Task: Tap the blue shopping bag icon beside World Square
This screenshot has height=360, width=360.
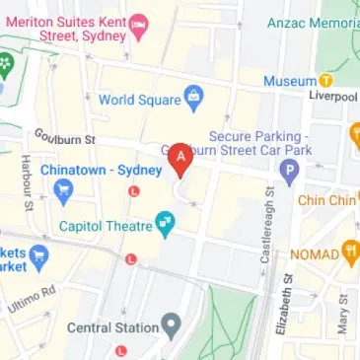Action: (193, 99)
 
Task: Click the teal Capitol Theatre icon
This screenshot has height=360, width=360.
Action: (166, 226)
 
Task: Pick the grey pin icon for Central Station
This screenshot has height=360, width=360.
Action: (173, 324)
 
